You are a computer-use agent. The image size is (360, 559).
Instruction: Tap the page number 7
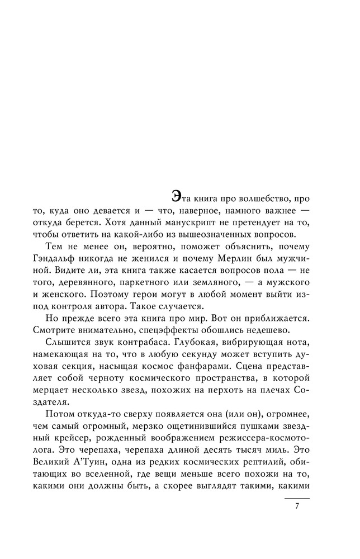297,507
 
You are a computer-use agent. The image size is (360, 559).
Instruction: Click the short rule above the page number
297,497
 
